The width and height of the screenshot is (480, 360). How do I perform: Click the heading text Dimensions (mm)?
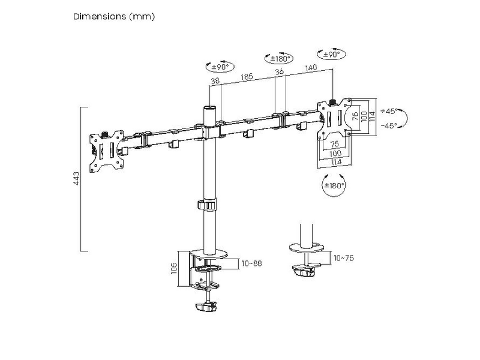click(114, 17)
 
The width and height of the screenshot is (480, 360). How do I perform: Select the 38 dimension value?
click(215, 79)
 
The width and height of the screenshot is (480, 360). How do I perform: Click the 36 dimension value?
click(279, 72)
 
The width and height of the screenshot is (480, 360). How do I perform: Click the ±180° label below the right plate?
click(334, 185)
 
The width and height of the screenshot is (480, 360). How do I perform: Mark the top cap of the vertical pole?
click(208, 108)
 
